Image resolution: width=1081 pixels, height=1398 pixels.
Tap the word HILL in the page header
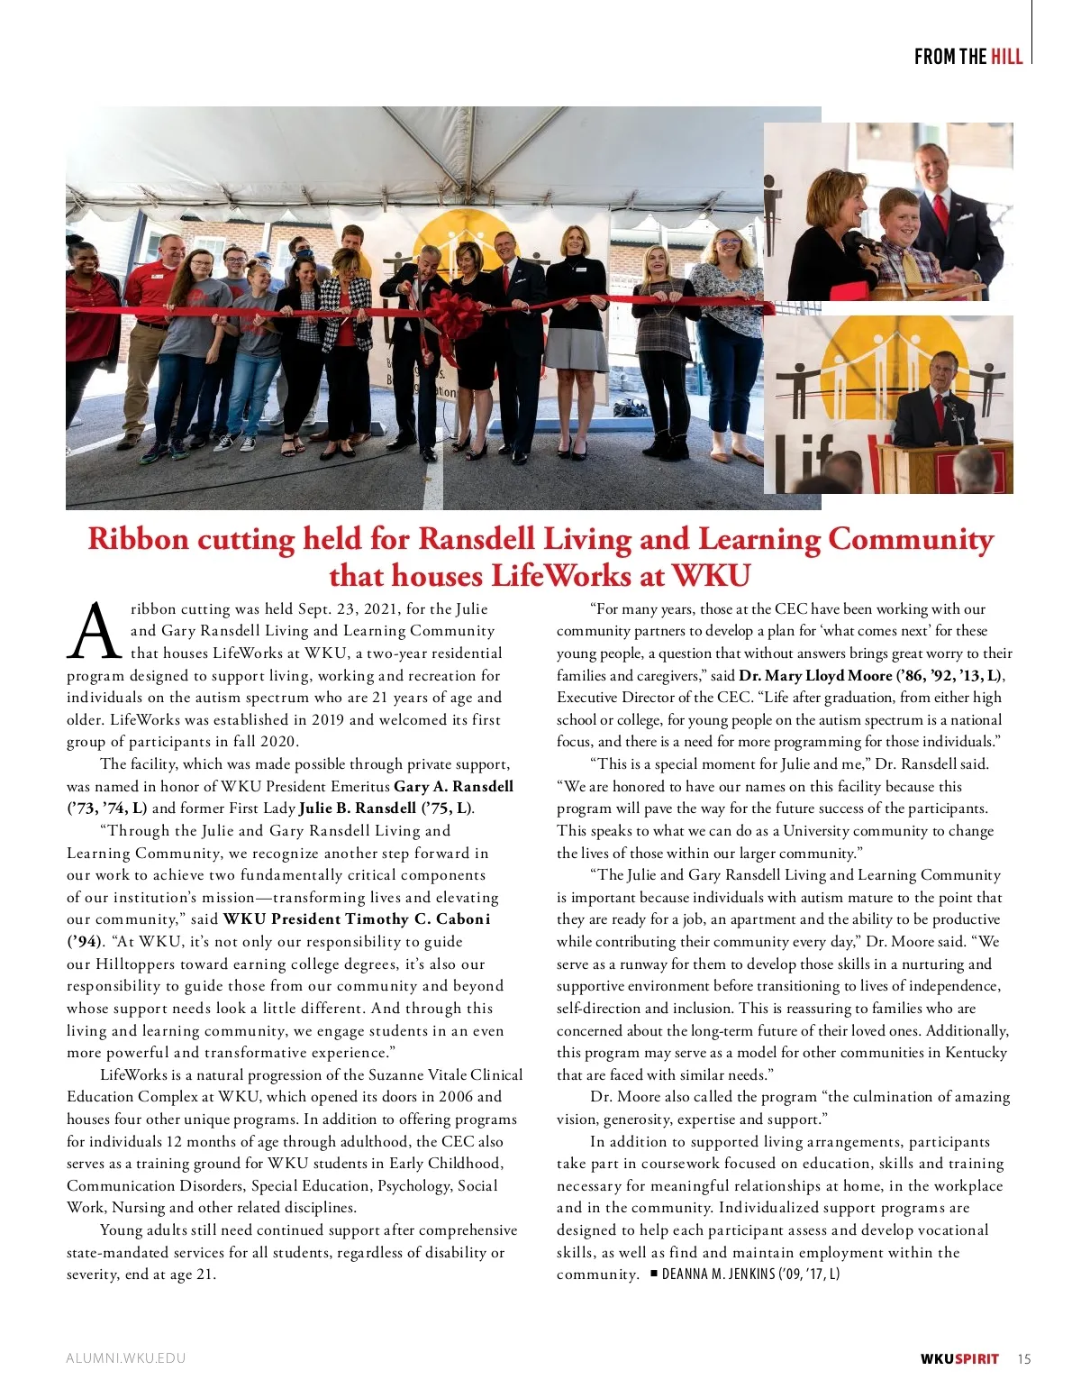point(1006,57)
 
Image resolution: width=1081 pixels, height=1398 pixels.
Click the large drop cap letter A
point(94,631)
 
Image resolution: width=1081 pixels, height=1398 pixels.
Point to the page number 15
point(1024,1359)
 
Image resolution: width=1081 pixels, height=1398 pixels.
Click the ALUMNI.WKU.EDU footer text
point(125,1358)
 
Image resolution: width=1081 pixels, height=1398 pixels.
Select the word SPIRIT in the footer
point(977,1359)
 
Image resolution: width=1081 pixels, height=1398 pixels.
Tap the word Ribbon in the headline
point(138,539)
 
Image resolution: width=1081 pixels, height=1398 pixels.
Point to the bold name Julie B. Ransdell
point(358,809)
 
